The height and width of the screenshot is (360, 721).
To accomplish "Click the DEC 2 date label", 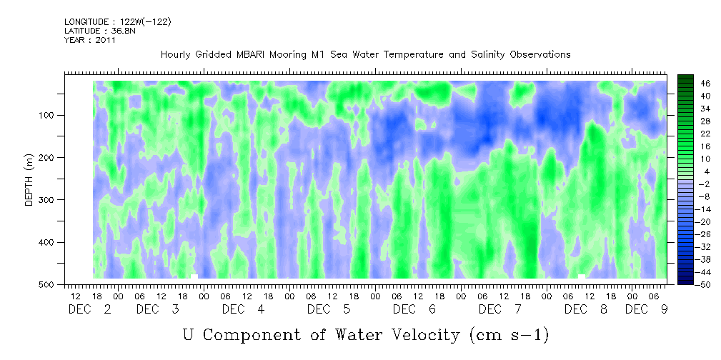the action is (89, 309).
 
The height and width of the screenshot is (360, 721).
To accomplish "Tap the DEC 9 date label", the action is (646, 309).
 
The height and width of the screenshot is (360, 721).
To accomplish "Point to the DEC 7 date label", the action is (499, 309).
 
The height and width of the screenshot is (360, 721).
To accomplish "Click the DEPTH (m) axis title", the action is (29, 180).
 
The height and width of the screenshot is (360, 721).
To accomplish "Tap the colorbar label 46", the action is (692, 84).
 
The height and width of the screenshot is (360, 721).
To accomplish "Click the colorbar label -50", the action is (691, 284).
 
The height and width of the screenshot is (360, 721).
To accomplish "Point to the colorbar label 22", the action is (692, 136).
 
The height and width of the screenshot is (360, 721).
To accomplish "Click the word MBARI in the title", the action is (251, 55).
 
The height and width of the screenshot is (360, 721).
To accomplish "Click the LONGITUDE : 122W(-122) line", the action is (118, 21).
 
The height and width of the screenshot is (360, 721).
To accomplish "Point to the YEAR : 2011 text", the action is (90, 40).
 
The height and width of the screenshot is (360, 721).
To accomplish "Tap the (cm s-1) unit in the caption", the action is (509, 335).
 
